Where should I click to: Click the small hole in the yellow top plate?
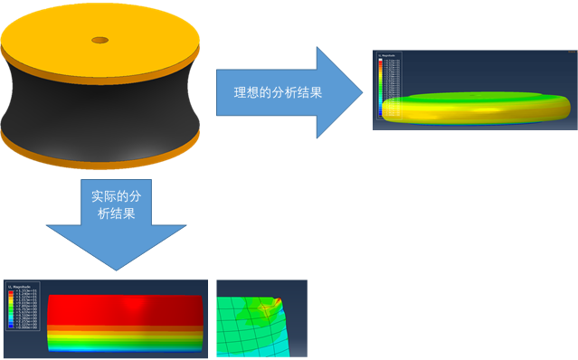[x=98, y=39]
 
